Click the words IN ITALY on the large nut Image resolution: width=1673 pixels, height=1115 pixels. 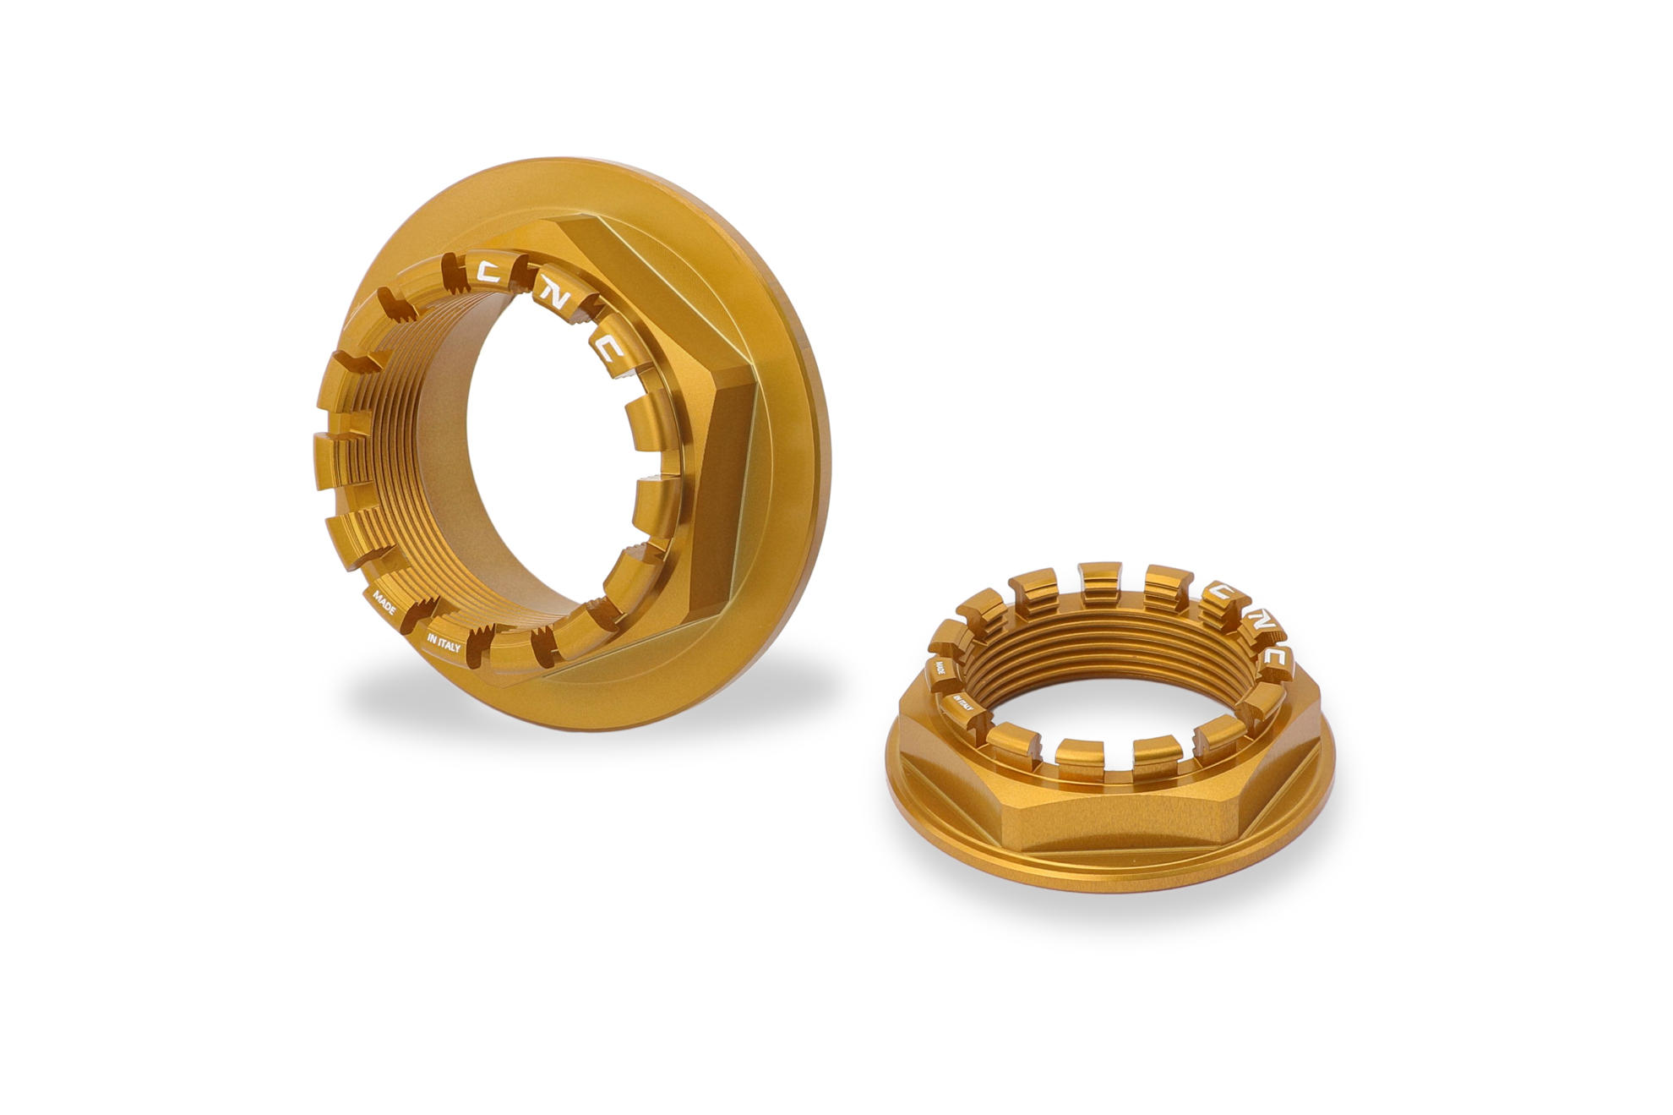pos(444,642)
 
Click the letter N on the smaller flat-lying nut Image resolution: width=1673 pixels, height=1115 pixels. pos(1251,621)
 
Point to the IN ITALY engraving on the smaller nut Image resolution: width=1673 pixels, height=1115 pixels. pos(963,704)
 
